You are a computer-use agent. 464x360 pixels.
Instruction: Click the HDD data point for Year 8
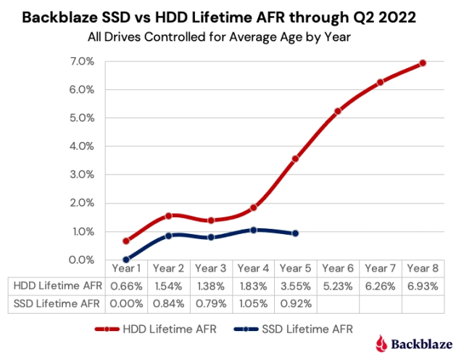[x=423, y=63]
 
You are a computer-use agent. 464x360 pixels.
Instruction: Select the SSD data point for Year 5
[x=295, y=233]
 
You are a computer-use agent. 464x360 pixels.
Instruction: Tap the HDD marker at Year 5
[x=295, y=159]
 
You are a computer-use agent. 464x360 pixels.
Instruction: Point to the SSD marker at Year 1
[x=126, y=259]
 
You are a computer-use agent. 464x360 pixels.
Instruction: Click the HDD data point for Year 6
[x=338, y=111]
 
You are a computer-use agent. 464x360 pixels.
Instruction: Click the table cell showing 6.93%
[x=423, y=286]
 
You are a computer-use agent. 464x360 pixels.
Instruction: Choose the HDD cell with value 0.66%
[x=126, y=286]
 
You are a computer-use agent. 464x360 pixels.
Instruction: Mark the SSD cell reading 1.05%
[x=253, y=304]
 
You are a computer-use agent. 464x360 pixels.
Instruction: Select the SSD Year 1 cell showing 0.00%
[x=126, y=304]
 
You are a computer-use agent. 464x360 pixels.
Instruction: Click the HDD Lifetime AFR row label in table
[x=55, y=286]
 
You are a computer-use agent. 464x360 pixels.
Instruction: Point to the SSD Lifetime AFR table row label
[x=55, y=304]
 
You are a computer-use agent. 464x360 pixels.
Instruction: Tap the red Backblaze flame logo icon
[x=382, y=343]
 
